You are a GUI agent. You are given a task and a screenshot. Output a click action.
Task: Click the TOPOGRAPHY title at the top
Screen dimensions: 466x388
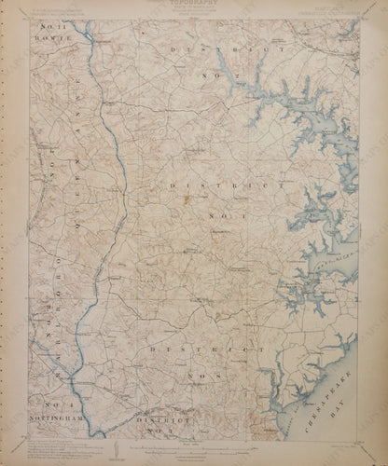coord(193,5)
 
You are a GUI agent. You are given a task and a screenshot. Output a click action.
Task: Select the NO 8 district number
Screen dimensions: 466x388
coord(218,377)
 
